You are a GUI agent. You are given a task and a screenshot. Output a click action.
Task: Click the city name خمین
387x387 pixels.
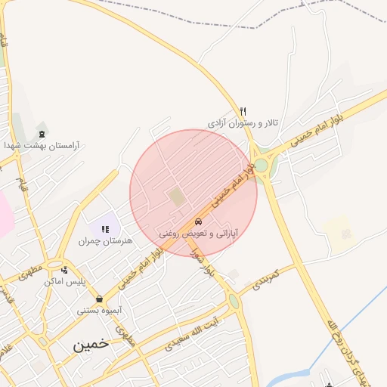pyautogui.click(x=91, y=344)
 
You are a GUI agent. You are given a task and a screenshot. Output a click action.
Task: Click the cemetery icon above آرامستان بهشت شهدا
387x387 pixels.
pyautogui.click(x=40, y=134)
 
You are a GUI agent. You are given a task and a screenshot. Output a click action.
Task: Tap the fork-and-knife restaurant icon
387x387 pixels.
pyautogui.click(x=243, y=111)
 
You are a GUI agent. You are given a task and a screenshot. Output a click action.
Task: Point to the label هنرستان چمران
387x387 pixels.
pyautogui.click(x=105, y=240)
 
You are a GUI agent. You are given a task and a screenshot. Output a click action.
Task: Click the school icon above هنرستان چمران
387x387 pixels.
pyautogui.click(x=105, y=229)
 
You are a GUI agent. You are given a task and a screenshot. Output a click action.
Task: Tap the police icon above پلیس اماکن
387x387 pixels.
pyautogui.click(x=65, y=270)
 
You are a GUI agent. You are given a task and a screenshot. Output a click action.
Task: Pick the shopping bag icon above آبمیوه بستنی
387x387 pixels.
pyautogui.click(x=99, y=299)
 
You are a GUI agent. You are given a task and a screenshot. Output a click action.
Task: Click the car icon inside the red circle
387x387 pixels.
pyautogui.click(x=198, y=222)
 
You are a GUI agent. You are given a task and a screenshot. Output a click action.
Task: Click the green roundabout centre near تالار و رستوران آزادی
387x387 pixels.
pyautogui.click(x=261, y=165)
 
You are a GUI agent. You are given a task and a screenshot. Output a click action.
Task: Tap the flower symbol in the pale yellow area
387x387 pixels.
pyautogui.click(x=345, y=234)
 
